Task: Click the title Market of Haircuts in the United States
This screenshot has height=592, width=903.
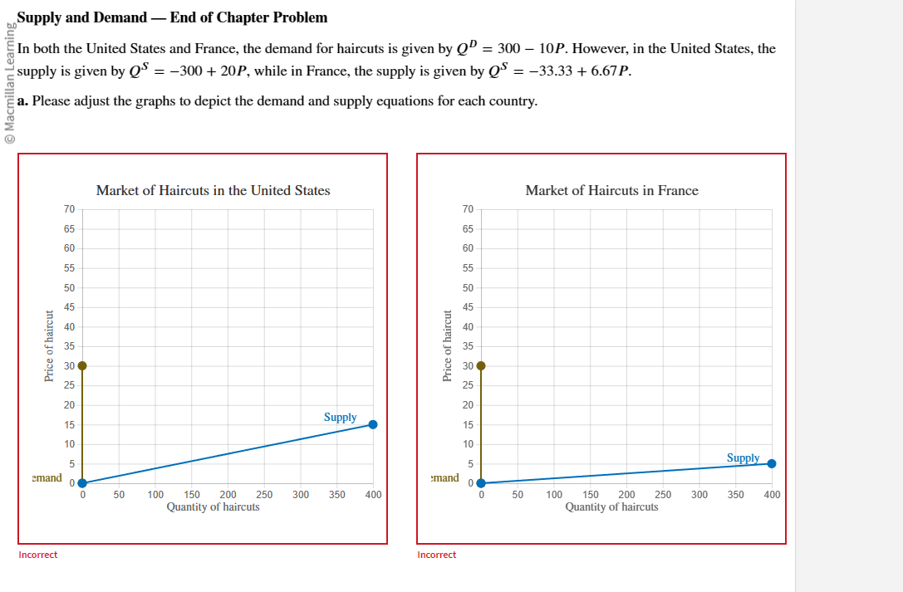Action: tap(213, 191)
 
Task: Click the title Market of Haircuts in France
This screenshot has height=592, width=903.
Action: tap(611, 191)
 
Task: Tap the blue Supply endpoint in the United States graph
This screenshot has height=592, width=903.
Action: tap(373, 424)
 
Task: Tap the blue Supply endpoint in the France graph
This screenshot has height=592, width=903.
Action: tap(772, 463)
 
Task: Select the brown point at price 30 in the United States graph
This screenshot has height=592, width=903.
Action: tap(81, 365)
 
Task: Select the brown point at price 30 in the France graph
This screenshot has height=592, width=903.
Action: tap(480, 365)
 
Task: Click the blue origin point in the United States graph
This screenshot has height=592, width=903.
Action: tap(81, 483)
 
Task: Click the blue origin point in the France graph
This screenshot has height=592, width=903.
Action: tap(480, 483)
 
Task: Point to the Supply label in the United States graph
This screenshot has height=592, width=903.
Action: tap(340, 418)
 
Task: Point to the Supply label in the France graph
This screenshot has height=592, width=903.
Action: tap(743, 458)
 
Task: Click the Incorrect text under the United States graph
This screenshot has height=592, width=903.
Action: tap(38, 555)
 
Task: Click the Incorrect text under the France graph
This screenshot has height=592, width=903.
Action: tap(437, 555)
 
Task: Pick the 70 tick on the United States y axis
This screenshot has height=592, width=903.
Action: tap(69, 208)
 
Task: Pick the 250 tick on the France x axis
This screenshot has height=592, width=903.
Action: tap(663, 495)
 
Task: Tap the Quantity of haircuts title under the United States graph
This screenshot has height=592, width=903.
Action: tap(213, 506)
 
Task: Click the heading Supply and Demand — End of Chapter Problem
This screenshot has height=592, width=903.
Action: tap(172, 17)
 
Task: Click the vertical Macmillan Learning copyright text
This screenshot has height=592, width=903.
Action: tap(9, 83)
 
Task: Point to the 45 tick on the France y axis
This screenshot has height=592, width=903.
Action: tap(468, 307)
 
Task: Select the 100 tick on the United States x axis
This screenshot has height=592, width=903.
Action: tap(155, 495)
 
